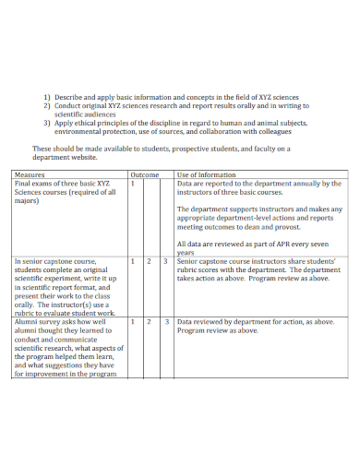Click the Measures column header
click(x=30, y=174)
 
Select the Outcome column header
click(x=145, y=174)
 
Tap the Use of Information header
click(x=206, y=174)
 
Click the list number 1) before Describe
click(x=47, y=96)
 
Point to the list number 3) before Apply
click(x=47, y=122)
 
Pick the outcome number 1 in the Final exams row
click(x=133, y=184)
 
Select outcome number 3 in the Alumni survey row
click(x=165, y=321)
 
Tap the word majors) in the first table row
click(x=28, y=201)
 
